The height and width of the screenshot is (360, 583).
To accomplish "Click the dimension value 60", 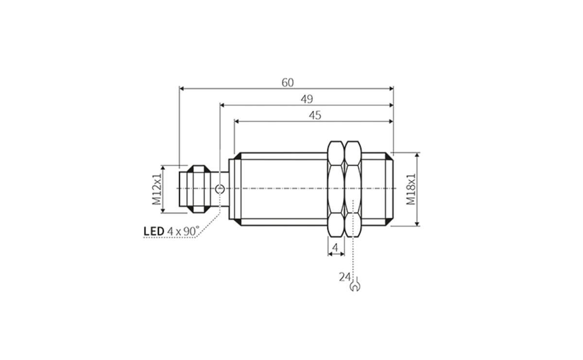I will pyautogui.click(x=288, y=83).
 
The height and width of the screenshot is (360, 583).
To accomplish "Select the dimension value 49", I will pyautogui.click(x=306, y=99).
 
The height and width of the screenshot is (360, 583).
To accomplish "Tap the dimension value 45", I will pyautogui.click(x=315, y=115).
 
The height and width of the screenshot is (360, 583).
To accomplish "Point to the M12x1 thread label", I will pyautogui.click(x=156, y=189).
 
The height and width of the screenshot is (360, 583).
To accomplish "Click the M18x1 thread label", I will pyautogui.click(x=412, y=189).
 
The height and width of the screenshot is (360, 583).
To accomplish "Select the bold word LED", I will pyautogui.click(x=154, y=231).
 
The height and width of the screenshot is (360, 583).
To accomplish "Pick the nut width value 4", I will pyautogui.click(x=335, y=248).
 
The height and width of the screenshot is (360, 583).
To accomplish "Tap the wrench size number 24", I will pyautogui.click(x=344, y=277).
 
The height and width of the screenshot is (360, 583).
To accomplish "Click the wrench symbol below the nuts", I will pyautogui.click(x=355, y=286).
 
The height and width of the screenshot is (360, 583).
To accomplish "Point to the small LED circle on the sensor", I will pyautogui.click(x=220, y=189).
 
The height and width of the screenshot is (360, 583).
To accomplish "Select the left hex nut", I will pyautogui.click(x=336, y=189).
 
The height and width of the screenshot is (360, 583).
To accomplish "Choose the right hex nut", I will pyautogui.click(x=353, y=189).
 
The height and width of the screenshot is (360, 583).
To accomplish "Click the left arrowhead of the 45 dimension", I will pyautogui.click(x=237, y=121).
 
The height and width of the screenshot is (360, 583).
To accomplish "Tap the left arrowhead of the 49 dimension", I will pyautogui.click(x=223, y=105).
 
